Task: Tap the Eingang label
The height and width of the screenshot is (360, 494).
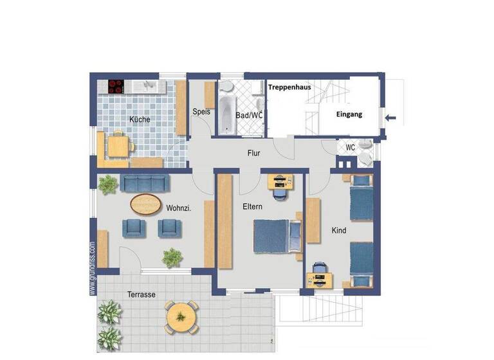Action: pyautogui.click(x=349, y=114)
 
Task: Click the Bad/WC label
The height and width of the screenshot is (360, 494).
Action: pyautogui.click(x=249, y=115)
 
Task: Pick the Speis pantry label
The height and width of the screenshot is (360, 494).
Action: pyautogui.click(x=201, y=111)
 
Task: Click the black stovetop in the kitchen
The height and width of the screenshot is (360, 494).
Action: pyautogui.click(x=116, y=86)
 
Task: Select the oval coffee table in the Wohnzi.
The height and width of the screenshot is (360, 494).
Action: pyautogui.click(x=147, y=204)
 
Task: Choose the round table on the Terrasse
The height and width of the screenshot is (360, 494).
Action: pyautogui.click(x=180, y=315)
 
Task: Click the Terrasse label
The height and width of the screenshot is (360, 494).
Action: pyautogui.click(x=142, y=294)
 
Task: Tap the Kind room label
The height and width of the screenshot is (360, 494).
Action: pyautogui.click(x=338, y=230)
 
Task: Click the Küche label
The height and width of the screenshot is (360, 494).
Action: pyautogui.click(x=140, y=120)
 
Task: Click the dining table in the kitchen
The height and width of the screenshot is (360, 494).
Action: pyautogui.click(x=117, y=145)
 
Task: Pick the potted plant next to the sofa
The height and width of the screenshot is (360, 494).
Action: pyautogui.click(x=107, y=185)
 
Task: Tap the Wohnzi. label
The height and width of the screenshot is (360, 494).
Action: pyautogui.click(x=179, y=208)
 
